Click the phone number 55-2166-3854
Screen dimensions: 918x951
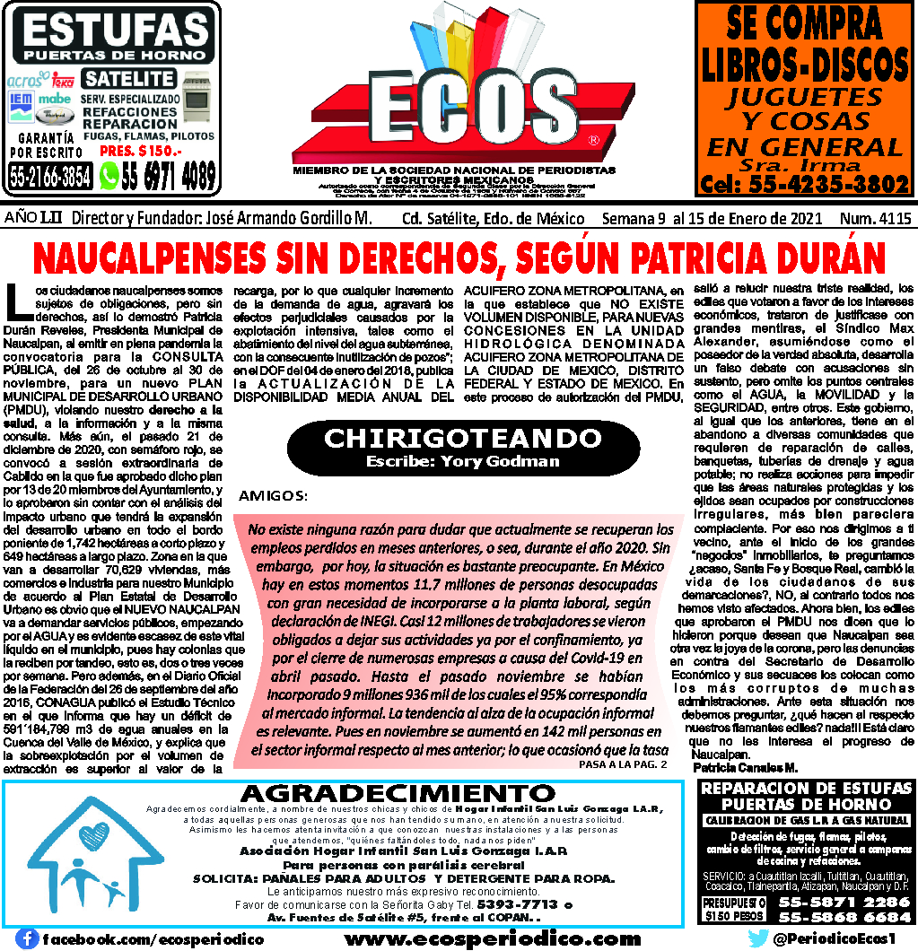[x=50, y=177]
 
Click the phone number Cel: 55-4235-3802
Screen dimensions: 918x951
[x=805, y=184]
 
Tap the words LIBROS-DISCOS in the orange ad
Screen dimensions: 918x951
[x=804, y=65]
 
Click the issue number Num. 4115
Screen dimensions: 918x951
[x=875, y=219]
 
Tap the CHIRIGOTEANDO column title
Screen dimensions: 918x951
[x=462, y=440]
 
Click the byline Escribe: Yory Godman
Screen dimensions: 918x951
[x=462, y=461]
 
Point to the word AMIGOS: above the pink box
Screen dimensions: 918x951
[x=273, y=495]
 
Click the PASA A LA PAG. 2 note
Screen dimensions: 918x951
[x=624, y=764]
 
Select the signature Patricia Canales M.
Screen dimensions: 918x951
[x=745, y=768]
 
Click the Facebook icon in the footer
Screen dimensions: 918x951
[x=28, y=938]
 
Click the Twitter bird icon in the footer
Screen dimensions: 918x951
[x=756, y=938]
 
